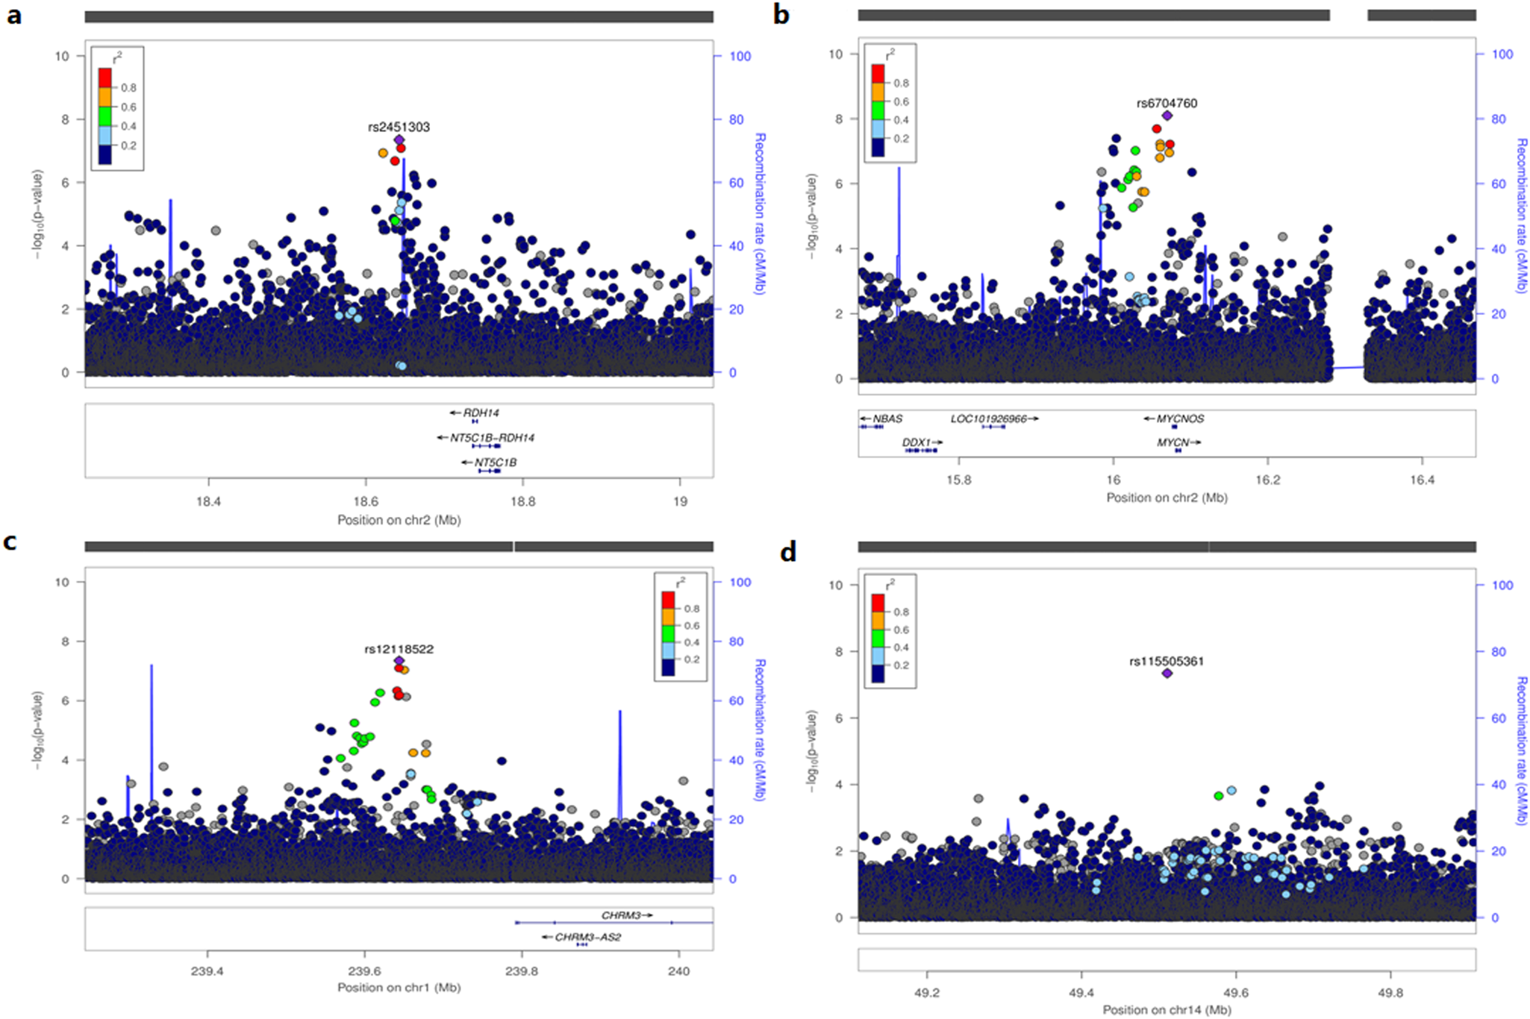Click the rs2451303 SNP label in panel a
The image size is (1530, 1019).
coord(399,127)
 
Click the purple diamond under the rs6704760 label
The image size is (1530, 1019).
coord(1167,116)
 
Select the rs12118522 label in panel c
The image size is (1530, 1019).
coord(399,649)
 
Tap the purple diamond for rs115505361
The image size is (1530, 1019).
coord(1167,673)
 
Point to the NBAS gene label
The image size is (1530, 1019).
coord(887,419)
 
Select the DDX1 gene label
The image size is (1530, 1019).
coord(916,442)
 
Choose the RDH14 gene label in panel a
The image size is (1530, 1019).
coord(481,413)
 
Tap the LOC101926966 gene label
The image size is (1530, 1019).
coord(988,419)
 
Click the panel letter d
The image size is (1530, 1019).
coord(788,552)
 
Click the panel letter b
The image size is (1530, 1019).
coord(781,15)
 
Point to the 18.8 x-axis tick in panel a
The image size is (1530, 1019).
coord(522,502)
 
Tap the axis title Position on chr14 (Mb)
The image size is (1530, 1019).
coord(1167,1010)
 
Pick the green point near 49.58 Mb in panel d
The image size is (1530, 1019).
coord(1219,796)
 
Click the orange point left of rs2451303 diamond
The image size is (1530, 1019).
coord(384,153)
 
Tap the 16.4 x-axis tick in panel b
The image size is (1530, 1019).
coord(1422,480)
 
